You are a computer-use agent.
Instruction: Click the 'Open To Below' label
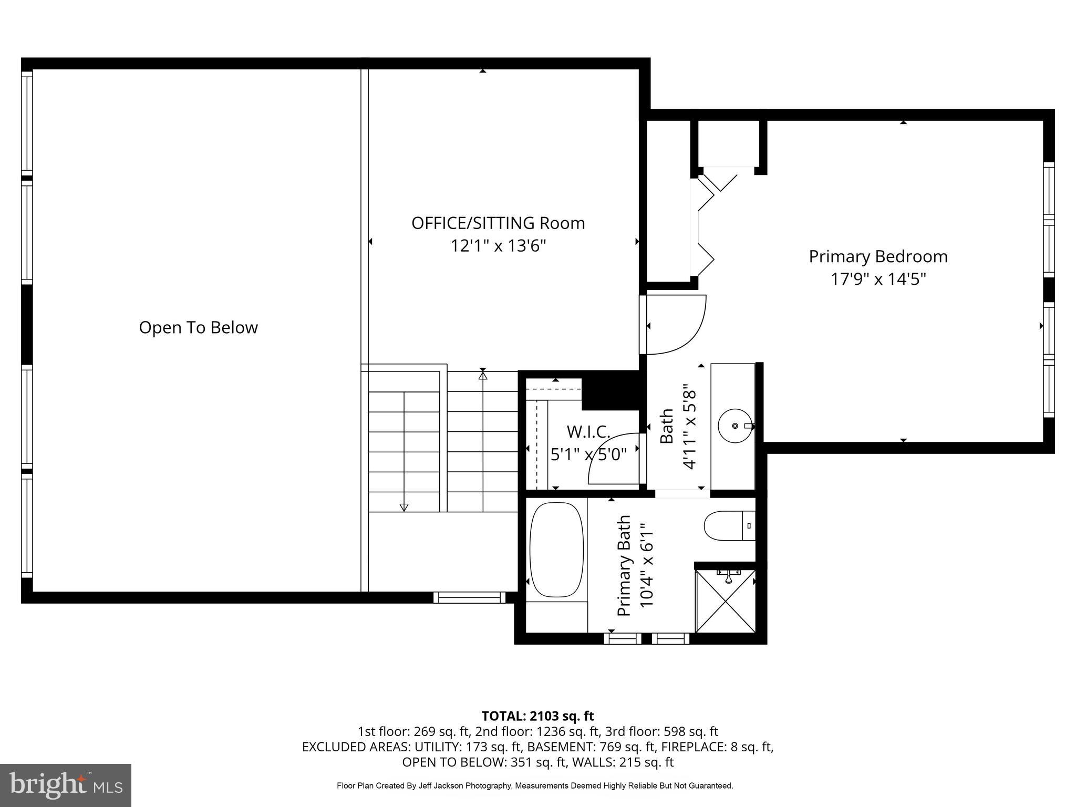click(x=198, y=327)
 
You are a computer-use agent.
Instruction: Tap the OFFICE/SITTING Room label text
click(x=498, y=223)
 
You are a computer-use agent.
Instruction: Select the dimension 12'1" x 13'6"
click(x=498, y=246)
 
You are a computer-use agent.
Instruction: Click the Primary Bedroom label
click(x=878, y=256)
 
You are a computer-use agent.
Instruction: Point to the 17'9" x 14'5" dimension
click(x=878, y=279)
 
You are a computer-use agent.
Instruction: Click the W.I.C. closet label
click(x=588, y=432)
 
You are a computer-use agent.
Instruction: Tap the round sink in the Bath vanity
click(x=734, y=426)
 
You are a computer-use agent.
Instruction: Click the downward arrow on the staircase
click(x=403, y=506)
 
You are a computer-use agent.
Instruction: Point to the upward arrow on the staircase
click(x=483, y=375)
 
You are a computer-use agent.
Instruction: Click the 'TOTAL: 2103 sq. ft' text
click(x=537, y=716)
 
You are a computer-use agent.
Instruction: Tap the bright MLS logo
click(x=66, y=785)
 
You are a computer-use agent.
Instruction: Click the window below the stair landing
click(x=469, y=597)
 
